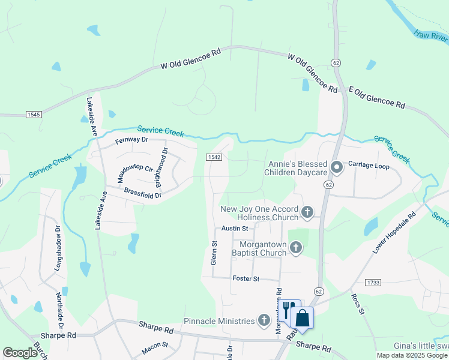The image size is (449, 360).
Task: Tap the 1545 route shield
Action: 34,114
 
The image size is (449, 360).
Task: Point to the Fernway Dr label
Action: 131,140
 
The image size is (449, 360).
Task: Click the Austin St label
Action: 234,229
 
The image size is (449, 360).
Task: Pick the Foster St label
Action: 246,279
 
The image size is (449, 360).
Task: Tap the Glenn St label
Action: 214,253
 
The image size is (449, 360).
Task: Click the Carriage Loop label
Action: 369,166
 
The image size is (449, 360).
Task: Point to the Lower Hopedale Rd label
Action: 394,232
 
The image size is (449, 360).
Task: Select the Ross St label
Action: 358,304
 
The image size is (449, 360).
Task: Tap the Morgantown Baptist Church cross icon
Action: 295,247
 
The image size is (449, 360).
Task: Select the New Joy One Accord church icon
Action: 307,211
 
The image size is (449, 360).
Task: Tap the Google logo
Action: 20,353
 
